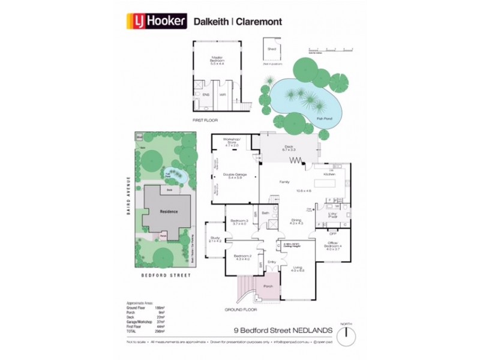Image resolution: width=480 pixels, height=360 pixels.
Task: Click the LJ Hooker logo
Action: [157, 22]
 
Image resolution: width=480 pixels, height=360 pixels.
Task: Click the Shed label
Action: [271, 49]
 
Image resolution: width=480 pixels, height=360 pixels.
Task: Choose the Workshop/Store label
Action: [232, 144]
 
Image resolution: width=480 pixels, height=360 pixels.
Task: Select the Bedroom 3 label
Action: [239, 222]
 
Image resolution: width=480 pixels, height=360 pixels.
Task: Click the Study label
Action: [214, 239]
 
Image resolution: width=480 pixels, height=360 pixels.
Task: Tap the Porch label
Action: [268, 287]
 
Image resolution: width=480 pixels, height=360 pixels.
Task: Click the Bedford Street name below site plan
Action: [165, 275]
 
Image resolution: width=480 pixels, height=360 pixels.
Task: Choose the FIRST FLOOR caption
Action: [204, 120]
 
